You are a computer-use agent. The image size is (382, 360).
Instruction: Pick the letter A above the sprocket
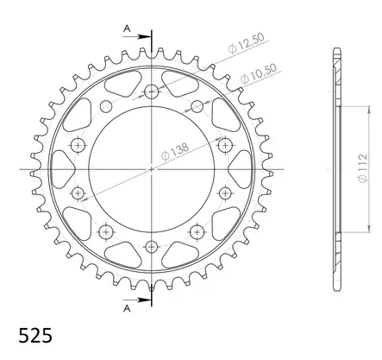point(127,28)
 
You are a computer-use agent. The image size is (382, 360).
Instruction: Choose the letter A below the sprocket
point(127,306)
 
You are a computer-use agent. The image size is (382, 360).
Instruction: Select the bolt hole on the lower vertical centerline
point(152,245)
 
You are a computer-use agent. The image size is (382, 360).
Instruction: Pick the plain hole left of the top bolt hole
point(107,105)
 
